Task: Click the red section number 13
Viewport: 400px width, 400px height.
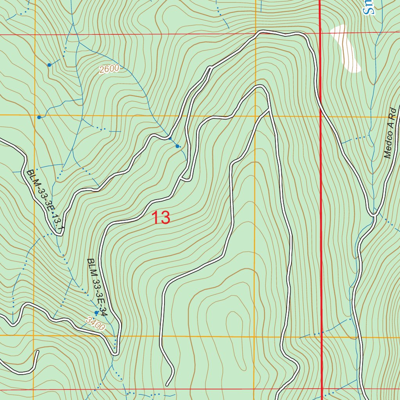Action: (161, 218)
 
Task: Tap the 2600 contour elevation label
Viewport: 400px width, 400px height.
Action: (109, 70)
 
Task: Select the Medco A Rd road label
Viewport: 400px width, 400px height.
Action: (392, 133)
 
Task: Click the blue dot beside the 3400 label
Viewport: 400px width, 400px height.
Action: (96, 312)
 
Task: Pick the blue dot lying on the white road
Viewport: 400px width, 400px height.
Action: (170, 138)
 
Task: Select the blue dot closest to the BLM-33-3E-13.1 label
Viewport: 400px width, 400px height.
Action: (39, 117)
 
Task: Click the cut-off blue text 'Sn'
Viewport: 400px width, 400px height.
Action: (368, 7)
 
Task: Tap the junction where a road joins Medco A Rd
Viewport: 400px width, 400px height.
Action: (374, 214)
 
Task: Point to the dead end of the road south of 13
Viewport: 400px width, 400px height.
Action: (168, 384)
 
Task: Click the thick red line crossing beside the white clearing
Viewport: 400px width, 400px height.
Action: (320, 32)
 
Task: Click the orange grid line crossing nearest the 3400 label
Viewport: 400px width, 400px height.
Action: (34, 335)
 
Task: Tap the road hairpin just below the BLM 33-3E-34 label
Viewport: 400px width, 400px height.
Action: (115, 353)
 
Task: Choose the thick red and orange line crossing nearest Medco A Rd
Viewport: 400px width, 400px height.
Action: (321, 116)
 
